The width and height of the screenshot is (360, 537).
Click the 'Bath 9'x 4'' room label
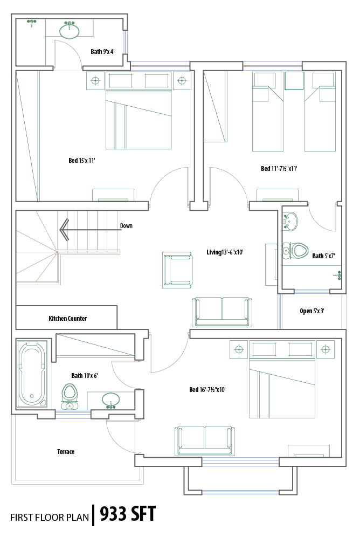coord(102,52)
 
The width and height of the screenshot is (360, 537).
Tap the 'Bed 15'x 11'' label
coord(82,160)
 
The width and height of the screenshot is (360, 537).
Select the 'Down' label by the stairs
coord(126,226)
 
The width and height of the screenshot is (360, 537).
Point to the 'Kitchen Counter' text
coord(68,319)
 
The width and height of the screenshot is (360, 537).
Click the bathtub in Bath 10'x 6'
coord(32,374)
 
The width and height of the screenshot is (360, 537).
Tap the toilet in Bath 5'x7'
coord(295,251)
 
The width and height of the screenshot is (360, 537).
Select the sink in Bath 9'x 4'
coord(70,30)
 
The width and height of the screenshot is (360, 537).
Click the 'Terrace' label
coord(66,452)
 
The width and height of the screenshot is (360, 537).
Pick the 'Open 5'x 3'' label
coord(312,311)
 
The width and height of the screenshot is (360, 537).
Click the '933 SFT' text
coord(128,514)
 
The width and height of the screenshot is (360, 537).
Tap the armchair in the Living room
coord(177,270)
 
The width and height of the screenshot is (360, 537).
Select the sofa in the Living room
coord(222,312)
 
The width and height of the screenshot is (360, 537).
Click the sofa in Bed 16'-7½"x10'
coord(205,441)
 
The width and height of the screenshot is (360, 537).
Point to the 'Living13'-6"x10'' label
coord(225,252)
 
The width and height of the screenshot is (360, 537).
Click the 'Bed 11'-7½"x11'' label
coord(279,169)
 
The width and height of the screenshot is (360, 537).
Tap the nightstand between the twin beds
coord(294,81)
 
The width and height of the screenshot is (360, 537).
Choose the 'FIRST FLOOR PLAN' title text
coord(50,517)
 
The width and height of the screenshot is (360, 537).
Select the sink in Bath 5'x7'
coord(290,221)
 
